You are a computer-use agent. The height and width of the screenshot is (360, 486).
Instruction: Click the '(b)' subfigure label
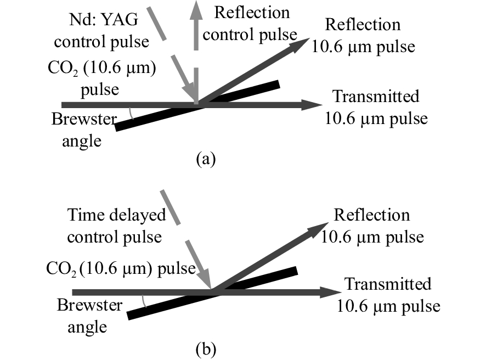(206, 348)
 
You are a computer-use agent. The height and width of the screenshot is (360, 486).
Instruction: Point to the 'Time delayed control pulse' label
(116, 226)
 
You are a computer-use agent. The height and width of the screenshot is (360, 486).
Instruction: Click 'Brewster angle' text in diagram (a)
(77, 130)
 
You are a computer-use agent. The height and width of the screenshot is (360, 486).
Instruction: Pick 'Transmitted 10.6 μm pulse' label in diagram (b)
(387, 295)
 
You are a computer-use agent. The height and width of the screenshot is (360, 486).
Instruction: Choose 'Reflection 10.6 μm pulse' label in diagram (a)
(363, 36)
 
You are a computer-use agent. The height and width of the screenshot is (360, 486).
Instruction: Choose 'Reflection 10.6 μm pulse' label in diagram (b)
(372, 226)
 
